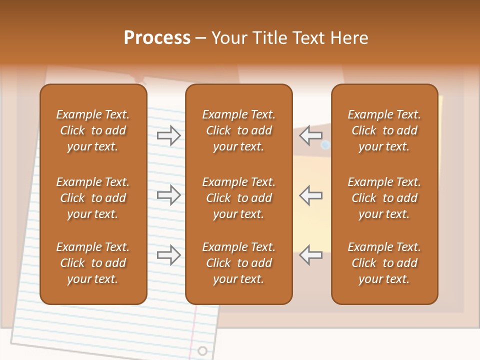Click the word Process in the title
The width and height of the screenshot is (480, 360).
click(157, 38)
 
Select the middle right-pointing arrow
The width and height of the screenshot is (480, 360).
click(168, 195)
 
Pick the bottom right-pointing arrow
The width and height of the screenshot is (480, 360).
click(168, 255)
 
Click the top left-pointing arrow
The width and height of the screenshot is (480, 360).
click(310, 135)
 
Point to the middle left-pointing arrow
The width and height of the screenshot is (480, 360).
click(310, 195)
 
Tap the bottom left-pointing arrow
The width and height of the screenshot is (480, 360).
click(310, 255)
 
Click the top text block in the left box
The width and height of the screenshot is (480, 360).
click(93, 130)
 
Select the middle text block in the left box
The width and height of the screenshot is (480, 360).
click(93, 198)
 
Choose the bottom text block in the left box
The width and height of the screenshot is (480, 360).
click(93, 263)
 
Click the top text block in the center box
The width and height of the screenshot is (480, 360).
click(238, 130)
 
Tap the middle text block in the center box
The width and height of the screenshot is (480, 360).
click(238, 198)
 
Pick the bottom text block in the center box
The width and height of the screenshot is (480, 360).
click(238, 263)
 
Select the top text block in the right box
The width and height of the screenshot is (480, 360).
click(384, 130)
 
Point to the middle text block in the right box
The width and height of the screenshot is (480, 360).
click(384, 198)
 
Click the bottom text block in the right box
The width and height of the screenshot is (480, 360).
click(384, 263)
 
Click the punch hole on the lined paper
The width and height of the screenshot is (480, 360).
click(202, 350)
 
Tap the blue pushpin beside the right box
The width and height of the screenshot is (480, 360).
click(325, 145)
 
